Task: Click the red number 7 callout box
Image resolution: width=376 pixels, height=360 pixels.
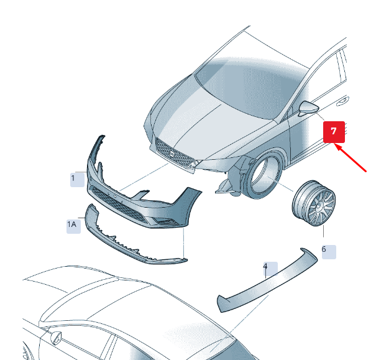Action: [334, 132]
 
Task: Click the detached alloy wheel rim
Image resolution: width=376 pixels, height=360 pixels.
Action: [314, 203]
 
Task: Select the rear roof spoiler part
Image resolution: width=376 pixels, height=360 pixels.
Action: [267, 280]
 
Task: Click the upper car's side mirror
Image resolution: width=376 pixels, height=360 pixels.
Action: [308, 108]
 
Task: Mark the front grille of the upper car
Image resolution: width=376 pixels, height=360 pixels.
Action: [174, 152]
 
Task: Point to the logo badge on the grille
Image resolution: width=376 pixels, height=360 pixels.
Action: [173, 154]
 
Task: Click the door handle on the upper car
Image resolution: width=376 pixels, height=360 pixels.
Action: [342, 101]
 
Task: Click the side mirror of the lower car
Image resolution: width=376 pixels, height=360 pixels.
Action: [56, 338]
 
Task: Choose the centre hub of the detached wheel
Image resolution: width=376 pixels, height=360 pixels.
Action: [319, 206]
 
